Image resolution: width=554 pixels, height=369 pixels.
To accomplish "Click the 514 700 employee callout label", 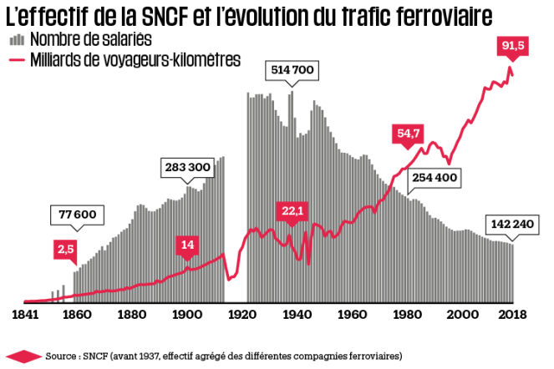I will tap(291, 71).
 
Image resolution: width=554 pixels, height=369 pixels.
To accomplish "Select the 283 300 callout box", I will tap(187, 168).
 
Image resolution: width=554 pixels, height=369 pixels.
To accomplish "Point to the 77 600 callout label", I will tap(78, 215).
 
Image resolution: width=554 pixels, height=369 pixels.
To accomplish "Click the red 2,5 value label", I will tap(65, 248).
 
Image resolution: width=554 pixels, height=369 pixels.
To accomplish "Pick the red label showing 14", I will tap(187, 245).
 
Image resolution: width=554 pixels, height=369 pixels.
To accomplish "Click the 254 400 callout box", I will tap(434, 177).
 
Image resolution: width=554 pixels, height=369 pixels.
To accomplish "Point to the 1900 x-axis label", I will tap(186, 316).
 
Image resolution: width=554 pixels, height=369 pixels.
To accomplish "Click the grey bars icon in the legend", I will tap(16, 40).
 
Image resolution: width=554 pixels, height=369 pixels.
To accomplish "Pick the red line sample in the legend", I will tap(16, 59).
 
